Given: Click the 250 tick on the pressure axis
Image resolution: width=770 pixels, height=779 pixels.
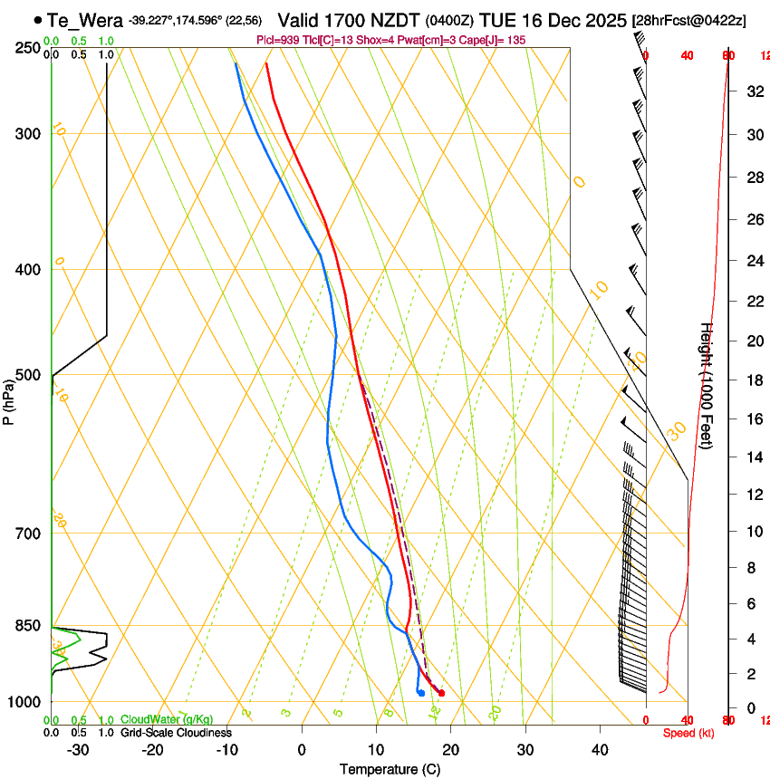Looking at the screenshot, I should tap(27, 47).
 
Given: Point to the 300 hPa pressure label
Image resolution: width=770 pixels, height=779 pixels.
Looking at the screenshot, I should tap(27, 134).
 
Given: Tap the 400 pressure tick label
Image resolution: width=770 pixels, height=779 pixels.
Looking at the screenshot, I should tap(27, 270).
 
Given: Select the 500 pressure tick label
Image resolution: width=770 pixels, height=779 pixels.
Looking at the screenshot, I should tap(27, 375).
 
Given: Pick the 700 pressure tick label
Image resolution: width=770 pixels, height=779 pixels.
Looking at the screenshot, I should tap(27, 534).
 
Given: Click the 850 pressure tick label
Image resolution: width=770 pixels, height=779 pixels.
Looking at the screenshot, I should tap(27, 626).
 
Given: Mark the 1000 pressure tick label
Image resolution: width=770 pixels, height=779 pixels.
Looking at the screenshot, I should tap(24, 702).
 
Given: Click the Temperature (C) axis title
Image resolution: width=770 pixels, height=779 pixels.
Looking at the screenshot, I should tap(390, 770).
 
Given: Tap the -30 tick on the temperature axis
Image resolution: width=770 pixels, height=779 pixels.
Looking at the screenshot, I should tap(78, 750).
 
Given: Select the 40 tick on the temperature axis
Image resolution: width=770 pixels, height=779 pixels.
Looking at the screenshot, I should tap(600, 750).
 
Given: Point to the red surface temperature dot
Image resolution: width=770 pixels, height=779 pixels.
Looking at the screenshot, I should tap(441, 693).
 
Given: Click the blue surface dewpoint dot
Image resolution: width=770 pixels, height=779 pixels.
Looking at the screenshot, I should tap(421, 693).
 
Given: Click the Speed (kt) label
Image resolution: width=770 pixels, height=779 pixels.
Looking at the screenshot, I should tap(688, 733).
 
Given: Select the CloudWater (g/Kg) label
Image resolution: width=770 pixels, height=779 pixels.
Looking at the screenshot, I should tap(167, 720).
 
